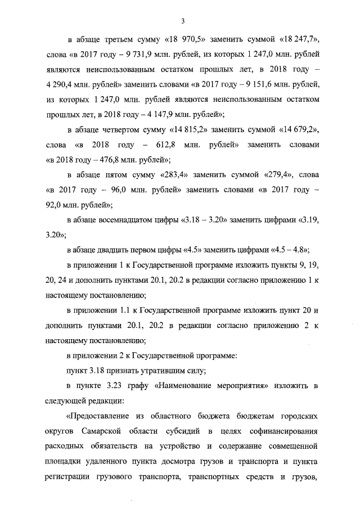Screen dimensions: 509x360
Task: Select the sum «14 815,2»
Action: pos(188,130)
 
